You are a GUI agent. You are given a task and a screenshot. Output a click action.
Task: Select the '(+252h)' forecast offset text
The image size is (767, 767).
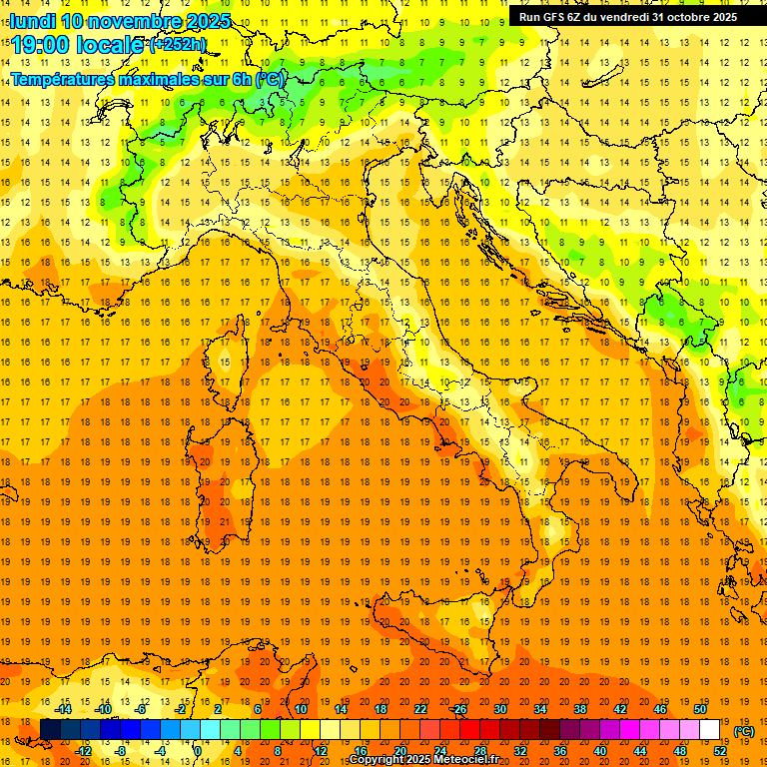click(177, 45)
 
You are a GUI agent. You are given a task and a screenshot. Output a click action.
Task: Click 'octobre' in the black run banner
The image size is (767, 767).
click(679, 17)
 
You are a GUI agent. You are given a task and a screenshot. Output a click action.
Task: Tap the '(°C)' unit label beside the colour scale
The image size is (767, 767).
click(744, 731)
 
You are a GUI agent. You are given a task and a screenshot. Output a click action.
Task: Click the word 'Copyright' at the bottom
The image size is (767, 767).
click(377, 760)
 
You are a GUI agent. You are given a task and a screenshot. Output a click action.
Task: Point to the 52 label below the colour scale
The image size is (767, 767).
click(719, 751)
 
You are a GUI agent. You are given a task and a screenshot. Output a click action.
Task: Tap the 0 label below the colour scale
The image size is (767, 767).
click(198, 751)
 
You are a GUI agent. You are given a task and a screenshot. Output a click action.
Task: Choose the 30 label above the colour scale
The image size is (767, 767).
click(499, 708)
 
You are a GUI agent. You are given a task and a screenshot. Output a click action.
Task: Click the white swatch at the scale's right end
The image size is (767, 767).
click(709, 730)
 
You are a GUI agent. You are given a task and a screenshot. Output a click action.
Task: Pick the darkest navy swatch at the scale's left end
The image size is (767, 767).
click(50, 730)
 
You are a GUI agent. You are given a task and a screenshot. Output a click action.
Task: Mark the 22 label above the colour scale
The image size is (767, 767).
click(419, 708)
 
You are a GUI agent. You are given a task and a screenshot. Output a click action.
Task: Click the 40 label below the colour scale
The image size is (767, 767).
click(599, 751)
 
